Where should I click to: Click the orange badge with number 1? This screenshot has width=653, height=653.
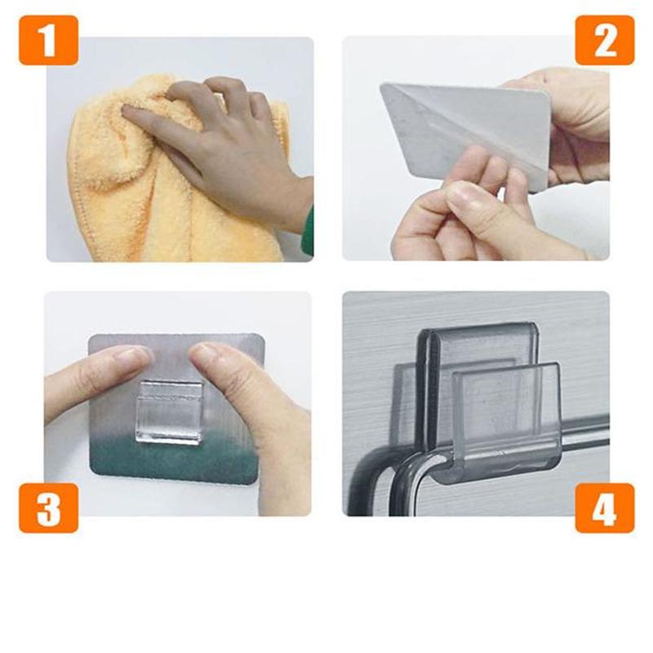(48, 40)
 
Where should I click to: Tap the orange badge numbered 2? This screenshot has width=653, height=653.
(604, 40)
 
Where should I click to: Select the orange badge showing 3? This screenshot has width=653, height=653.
(48, 507)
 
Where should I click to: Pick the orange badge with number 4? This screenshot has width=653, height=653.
(604, 507)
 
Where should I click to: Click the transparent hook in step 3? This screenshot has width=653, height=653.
(168, 411)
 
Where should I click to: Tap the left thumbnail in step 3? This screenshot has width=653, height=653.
(131, 356)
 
